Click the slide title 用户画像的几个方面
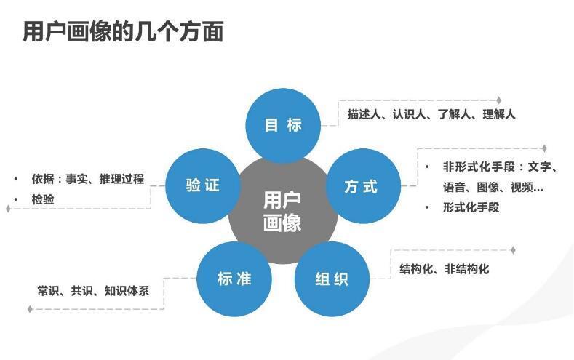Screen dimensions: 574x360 click(x=123, y=32)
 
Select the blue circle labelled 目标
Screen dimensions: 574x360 click(x=283, y=126)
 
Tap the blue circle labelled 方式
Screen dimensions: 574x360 click(x=363, y=186)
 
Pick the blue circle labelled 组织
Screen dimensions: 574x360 click(x=332, y=279)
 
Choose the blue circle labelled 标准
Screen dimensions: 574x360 click(x=234, y=279)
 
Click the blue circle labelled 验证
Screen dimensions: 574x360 click(x=203, y=186)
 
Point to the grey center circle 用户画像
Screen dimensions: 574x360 click(x=282, y=211)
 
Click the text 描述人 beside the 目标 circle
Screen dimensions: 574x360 click(x=364, y=114)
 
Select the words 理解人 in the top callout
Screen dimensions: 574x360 click(x=498, y=114)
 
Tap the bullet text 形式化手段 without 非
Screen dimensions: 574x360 click(x=471, y=207)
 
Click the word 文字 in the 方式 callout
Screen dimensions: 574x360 click(x=539, y=167)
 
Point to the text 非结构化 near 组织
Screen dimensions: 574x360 click(x=466, y=269)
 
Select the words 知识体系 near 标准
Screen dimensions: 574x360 click(x=127, y=291)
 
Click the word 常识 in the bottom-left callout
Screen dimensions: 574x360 click(x=48, y=291)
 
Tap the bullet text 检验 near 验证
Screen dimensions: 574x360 click(x=43, y=199)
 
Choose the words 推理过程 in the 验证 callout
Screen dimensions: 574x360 click(x=121, y=179)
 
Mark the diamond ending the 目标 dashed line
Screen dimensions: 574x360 click(x=498, y=100)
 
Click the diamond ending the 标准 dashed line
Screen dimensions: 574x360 click(x=30, y=309)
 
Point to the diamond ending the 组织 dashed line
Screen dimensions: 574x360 click(x=513, y=250)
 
